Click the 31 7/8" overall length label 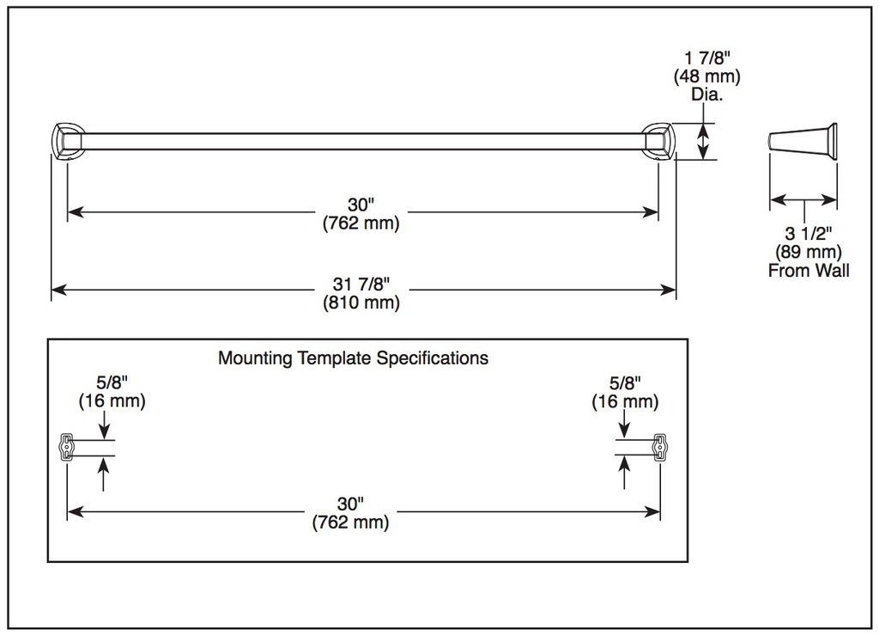[361, 284]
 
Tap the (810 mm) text [361, 303]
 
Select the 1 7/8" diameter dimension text [707, 58]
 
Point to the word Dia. [707, 94]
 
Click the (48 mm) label [707, 76]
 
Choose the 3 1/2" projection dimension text [809, 233]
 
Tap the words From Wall [809, 271]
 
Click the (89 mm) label [809, 252]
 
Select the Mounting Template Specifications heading [353, 358]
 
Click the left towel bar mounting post [67, 142]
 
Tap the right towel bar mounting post [659, 142]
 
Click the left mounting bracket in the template [67, 448]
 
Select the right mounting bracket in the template [660, 448]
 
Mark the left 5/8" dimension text [112, 382]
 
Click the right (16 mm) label [625, 402]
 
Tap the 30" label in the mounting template [350, 504]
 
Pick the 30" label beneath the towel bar [361, 205]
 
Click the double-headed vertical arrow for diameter [703, 142]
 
